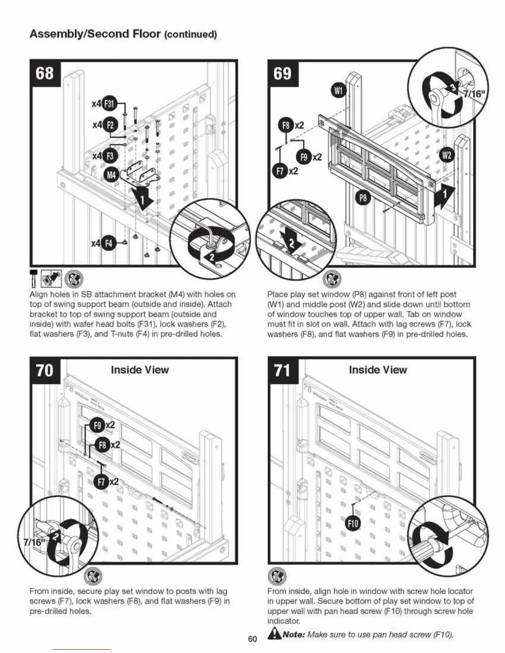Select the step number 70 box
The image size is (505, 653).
tap(45, 370)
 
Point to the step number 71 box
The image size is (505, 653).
tap(283, 370)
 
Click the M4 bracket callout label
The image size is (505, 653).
tap(111, 175)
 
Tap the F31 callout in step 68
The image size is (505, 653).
tap(110, 103)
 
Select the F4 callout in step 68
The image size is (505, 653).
tap(109, 243)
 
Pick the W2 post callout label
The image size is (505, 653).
tap(447, 155)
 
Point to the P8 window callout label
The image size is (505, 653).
tap(363, 199)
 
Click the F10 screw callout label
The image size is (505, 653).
tap(353, 524)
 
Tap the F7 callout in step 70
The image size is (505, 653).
tap(102, 481)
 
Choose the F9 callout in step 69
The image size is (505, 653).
tap(304, 157)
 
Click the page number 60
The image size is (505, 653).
tap(252, 639)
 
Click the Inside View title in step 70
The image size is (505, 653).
tap(139, 370)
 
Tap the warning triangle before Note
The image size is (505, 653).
tap(274, 634)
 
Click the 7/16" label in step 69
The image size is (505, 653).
tap(475, 94)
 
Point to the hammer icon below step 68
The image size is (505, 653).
tap(33, 279)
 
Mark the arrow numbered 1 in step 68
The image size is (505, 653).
tap(142, 200)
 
